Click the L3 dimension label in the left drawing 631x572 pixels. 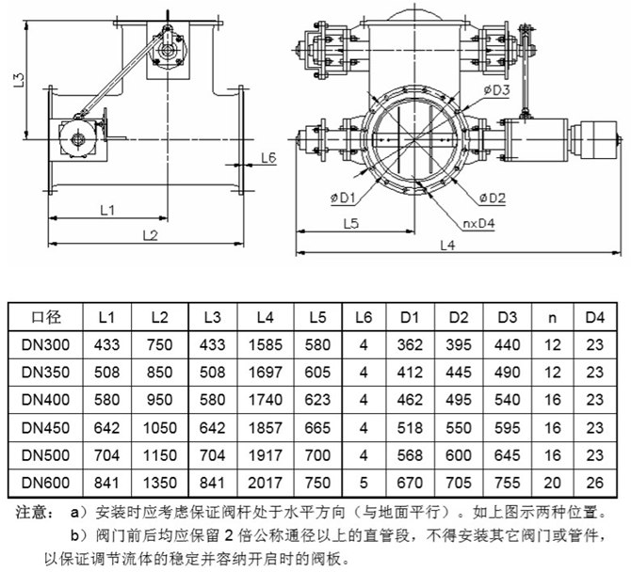point(20,80)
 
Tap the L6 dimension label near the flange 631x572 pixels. point(268,157)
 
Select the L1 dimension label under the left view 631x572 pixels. point(107,210)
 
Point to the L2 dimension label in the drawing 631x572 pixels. point(151,235)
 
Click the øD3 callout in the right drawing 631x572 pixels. point(496,90)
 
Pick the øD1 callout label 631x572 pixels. point(343,198)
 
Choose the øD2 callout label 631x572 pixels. point(492,198)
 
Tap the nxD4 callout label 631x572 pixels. point(478,223)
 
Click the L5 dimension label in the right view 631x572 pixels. point(351,224)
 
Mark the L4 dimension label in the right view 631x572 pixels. point(447,246)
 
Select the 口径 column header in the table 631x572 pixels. point(46,317)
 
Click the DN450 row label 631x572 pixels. point(45,427)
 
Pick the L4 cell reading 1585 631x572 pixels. point(266,345)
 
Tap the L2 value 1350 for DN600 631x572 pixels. point(160,483)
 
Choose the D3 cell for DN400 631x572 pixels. point(507,400)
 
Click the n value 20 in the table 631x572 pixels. point(552,483)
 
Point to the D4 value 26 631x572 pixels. point(595,483)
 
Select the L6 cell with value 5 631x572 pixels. point(364,483)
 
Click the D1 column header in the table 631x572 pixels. point(410,318)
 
